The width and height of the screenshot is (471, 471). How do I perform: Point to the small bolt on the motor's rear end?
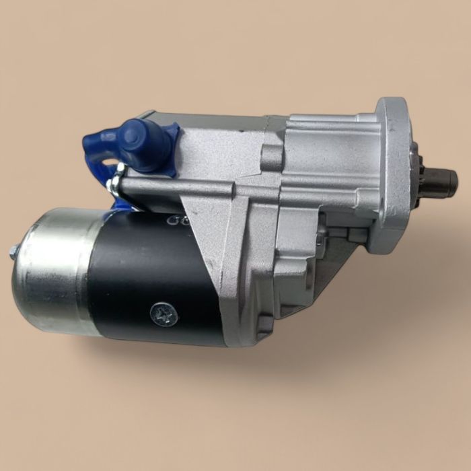pyautogui.click(x=13, y=252)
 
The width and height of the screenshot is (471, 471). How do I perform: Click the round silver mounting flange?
pyautogui.click(x=394, y=175)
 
